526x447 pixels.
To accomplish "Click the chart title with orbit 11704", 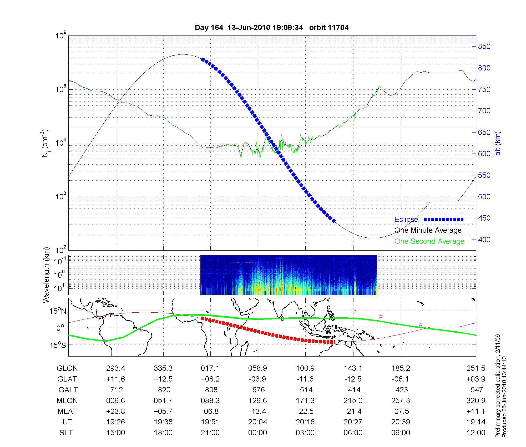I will click(x=271, y=28).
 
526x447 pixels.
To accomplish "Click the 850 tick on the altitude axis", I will click(x=484, y=47).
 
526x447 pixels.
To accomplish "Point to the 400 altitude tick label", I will click(x=484, y=240).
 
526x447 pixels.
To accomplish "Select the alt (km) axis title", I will click(x=498, y=143).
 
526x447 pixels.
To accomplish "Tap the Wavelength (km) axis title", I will click(x=46, y=275).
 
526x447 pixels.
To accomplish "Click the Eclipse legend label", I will click(x=406, y=220).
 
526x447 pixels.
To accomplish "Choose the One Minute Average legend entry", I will click(x=428, y=230).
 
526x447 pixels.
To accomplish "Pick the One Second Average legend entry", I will click(x=429, y=241).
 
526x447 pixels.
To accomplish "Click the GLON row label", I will click(x=67, y=368).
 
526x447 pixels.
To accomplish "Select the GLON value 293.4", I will click(x=116, y=368).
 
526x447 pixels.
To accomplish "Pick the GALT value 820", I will click(x=164, y=390).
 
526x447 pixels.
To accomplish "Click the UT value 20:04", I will click(x=257, y=422).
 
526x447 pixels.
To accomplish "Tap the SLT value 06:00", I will click(x=353, y=433).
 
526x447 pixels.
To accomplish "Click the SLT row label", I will click(x=66, y=433).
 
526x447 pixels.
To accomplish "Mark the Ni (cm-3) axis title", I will click(x=45, y=143).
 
